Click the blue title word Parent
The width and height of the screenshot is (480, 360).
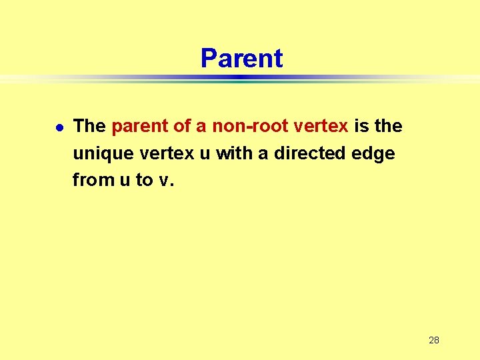(241, 59)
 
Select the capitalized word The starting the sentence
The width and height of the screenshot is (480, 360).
(89, 126)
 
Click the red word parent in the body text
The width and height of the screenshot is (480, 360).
(137, 127)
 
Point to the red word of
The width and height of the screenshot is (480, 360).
(178, 126)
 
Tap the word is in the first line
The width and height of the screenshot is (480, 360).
(361, 126)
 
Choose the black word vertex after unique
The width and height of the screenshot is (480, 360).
(166, 153)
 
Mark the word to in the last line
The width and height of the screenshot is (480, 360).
(145, 180)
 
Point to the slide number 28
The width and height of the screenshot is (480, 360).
(433, 340)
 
